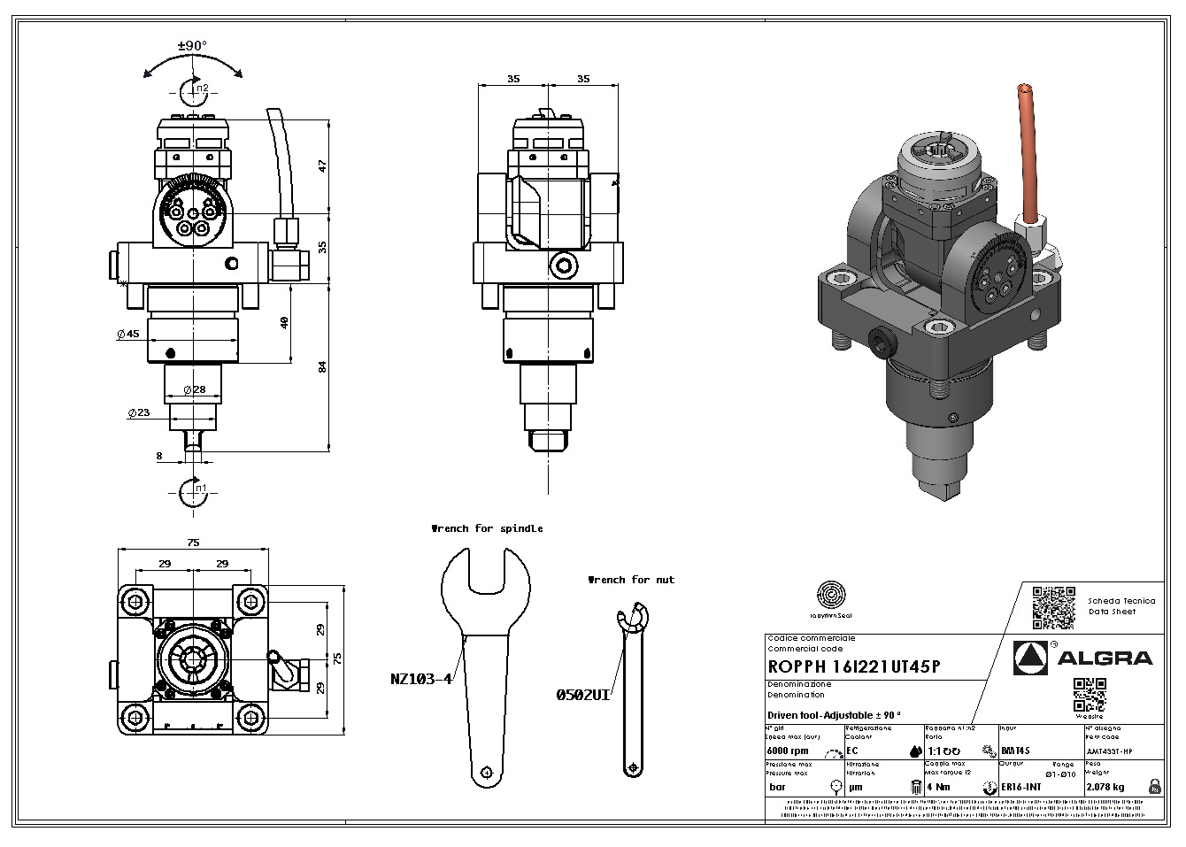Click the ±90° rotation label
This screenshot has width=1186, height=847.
click(x=192, y=45)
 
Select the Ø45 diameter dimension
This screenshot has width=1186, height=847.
click(x=128, y=335)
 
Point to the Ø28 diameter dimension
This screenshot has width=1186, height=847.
click(x=194, y=389)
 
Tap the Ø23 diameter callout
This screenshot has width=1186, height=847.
click(x=138, y=412)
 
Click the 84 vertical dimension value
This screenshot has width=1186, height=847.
click(x=323, y=366)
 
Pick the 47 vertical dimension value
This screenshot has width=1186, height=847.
click(x=323, y=166)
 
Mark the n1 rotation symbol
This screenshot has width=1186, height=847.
click(x=194, y=491)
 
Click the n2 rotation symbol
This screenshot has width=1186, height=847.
click(x=194, y=89)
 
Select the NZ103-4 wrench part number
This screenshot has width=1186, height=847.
click(x=421, y=679)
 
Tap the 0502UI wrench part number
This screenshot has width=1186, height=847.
click(x=583, y=695)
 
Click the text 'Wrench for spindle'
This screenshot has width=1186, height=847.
click(x=487, y=528)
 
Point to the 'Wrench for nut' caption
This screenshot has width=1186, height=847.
click(x=631, y=580)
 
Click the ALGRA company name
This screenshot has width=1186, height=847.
click(x=1105, y=658)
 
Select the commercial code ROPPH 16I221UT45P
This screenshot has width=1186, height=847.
click(x=854, y=666)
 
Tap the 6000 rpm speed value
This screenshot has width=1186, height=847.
click(x=788, y=751)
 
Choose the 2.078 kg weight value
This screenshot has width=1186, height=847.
click(x=1105, y=787)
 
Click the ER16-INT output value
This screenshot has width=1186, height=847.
click(x=1020, y=787)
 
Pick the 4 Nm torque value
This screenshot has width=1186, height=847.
click(x=939, y=787)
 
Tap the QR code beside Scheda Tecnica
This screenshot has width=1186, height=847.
click(x=1053, y=607)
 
